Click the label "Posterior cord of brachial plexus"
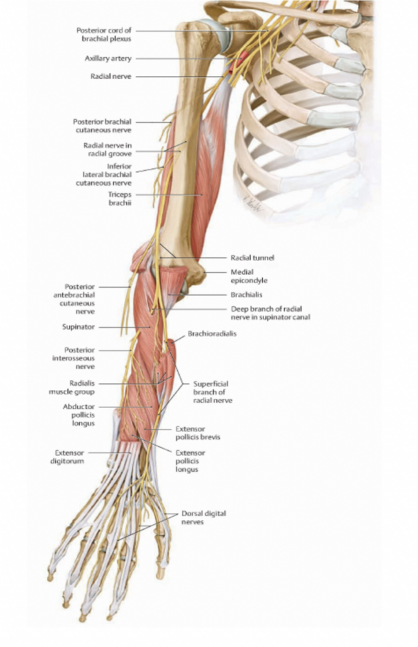tap(104, 34)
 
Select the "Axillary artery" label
tap(108, 58)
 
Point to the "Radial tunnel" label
tap(252, 258)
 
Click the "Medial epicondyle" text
tap(249, 276)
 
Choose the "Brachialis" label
tap(246, 295)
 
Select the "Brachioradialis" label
tap(212, 334)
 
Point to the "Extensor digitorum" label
tap(69, 457)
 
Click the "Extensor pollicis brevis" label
tap(198, 433)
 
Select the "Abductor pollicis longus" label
tap(79, 415)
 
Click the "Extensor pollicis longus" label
tap(190, 461)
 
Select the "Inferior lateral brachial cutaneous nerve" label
tap(106, 174)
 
